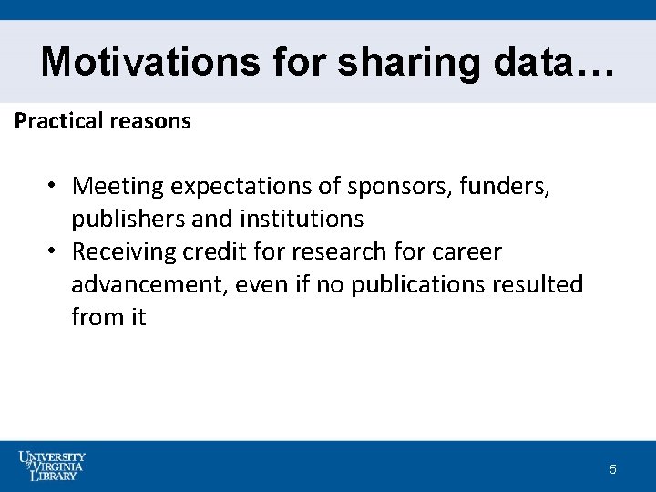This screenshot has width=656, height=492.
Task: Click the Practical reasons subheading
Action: pos(103,121)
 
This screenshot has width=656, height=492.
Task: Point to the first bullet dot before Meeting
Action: pos(55,186)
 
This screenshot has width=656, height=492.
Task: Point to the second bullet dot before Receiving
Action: pos(55,251)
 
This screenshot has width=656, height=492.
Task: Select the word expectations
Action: pos(241,187)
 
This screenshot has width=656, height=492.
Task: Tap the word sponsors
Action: pos(398,187)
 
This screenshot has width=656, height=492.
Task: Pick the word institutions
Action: pos(302,219)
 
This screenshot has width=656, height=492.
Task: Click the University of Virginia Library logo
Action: pos(52,466)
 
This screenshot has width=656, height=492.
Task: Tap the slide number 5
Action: pos(613,470)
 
